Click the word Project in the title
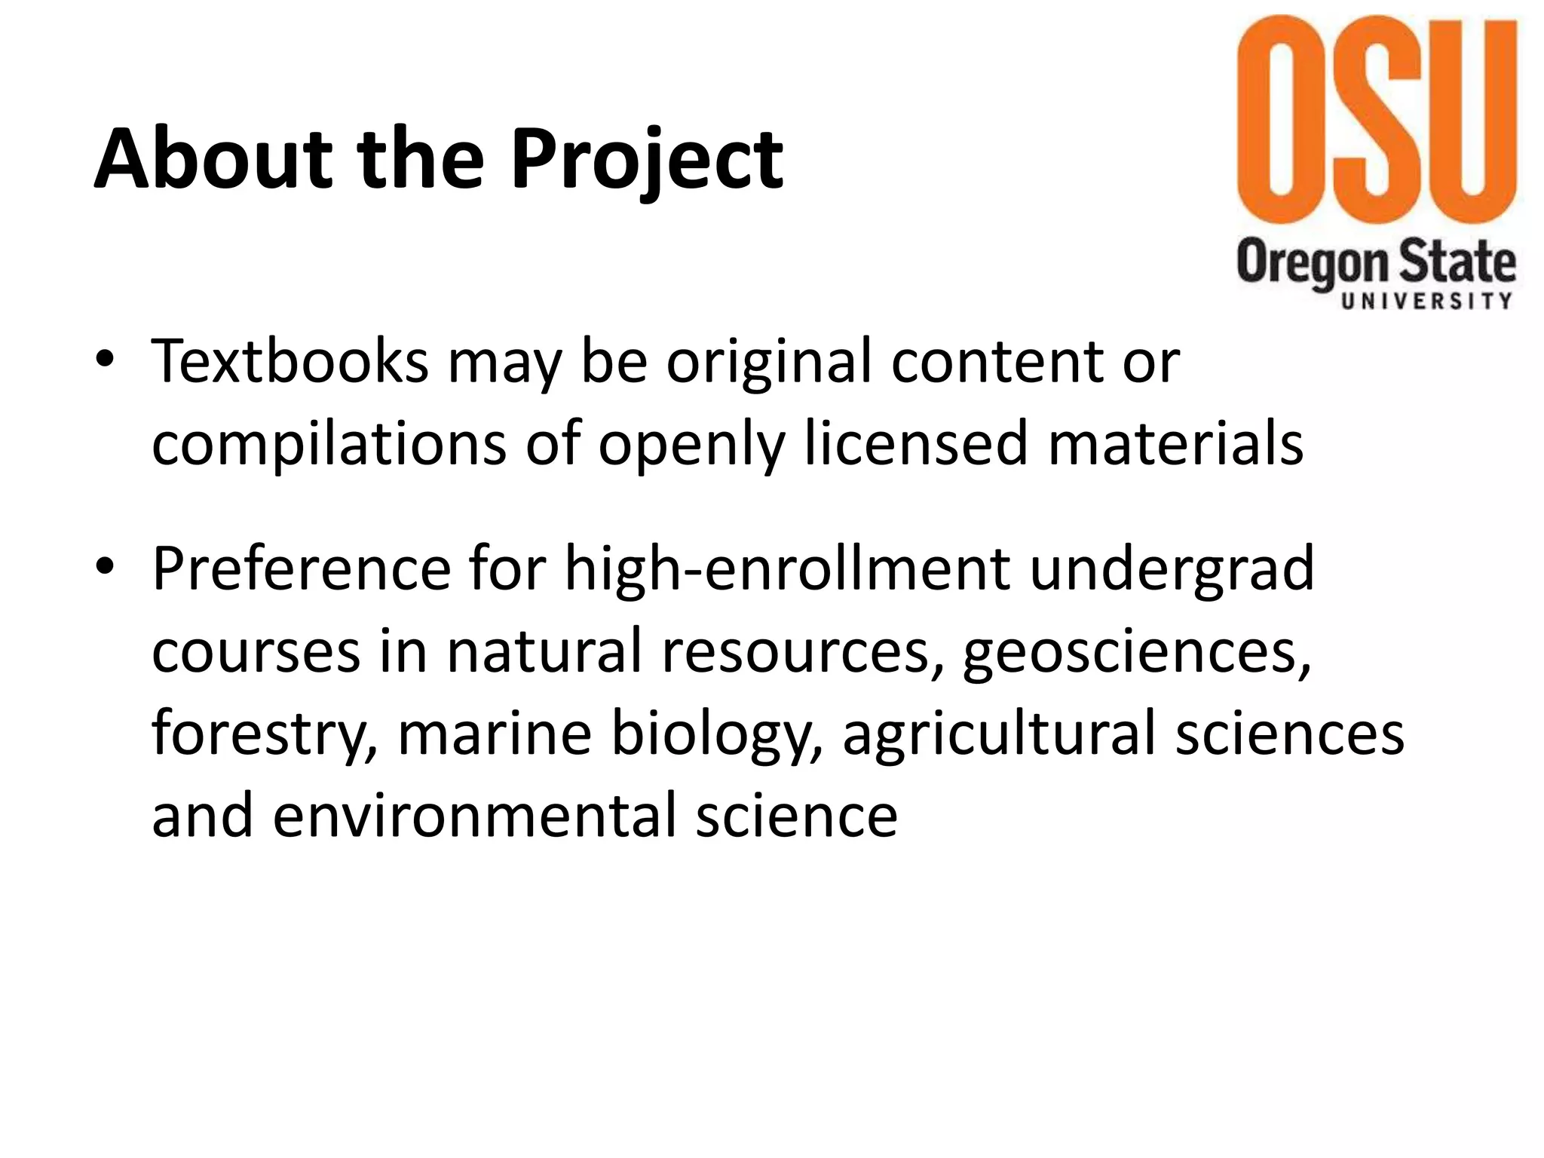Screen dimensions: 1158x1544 tap(647, 160)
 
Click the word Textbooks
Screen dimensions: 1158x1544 tap(290, 362)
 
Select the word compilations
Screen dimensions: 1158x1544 tap(329, 445)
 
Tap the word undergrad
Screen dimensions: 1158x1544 tap(1172, 570)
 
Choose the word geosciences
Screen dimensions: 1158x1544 tap(1137, 653)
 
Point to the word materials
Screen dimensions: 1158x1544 tap(1176, 443)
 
